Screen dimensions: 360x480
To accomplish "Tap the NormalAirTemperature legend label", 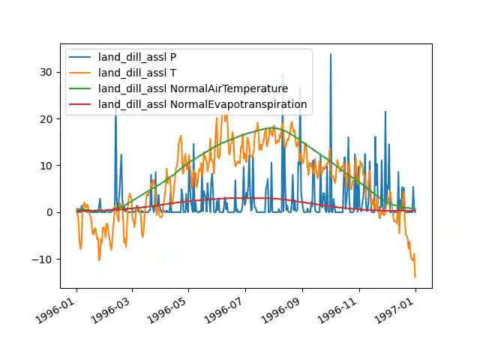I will tap(193, 89).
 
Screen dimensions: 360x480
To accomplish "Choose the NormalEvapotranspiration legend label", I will tap(202, 104).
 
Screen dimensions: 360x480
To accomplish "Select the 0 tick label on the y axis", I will tap(52, 212).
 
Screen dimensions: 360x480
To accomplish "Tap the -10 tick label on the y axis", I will tap(46, 259).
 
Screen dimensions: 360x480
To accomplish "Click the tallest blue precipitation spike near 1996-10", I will tap(330, 55).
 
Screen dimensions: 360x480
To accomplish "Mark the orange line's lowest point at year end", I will tap(415, 277).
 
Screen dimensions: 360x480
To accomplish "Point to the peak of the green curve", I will tap(274, 128).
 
